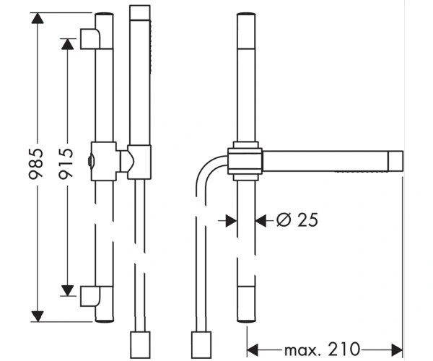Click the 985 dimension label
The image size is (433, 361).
pyautogui.click(x=36, y=164)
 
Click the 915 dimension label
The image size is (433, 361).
pyautogui.click(x=66, y=164)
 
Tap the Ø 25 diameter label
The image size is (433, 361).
pyautogui.click(x=297, y=220)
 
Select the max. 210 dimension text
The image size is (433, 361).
pyautogui.click(x=323, y=349)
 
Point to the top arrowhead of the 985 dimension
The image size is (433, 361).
pyautogui.click(x=38, y=18)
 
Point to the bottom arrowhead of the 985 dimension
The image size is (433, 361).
pyautogui.click(x=38, y=316)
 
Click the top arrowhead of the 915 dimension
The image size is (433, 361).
pyautogui.click(x=67, y=44)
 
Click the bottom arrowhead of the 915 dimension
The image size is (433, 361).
pyautogui.click(x=67, y=290)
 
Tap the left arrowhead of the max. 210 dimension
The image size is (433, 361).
pyautogui.click(x=253, y=350)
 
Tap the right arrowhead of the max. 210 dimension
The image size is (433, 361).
pyautogui.click(x=397, y=350)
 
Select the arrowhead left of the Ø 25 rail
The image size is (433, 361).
pyautogui.click(x=232, y=221)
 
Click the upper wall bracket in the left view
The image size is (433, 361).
pyautogui.click(x=90, y=39)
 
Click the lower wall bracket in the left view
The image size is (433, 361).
pyautogui.click(x=90, y=296)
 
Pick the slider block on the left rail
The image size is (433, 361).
pyautogui.click(x=103, y=161)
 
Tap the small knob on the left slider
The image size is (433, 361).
pyautogui.click(x=91, y=162)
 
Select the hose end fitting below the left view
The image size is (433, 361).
pyautogui.click(x=140, y=344)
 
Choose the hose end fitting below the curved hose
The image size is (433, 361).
pyautogui.click(x=201, y=344)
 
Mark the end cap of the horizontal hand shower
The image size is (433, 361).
pyautogui.click(x=395, y=161)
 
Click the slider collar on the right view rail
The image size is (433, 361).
pyautogui.click(x=245, y=161)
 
